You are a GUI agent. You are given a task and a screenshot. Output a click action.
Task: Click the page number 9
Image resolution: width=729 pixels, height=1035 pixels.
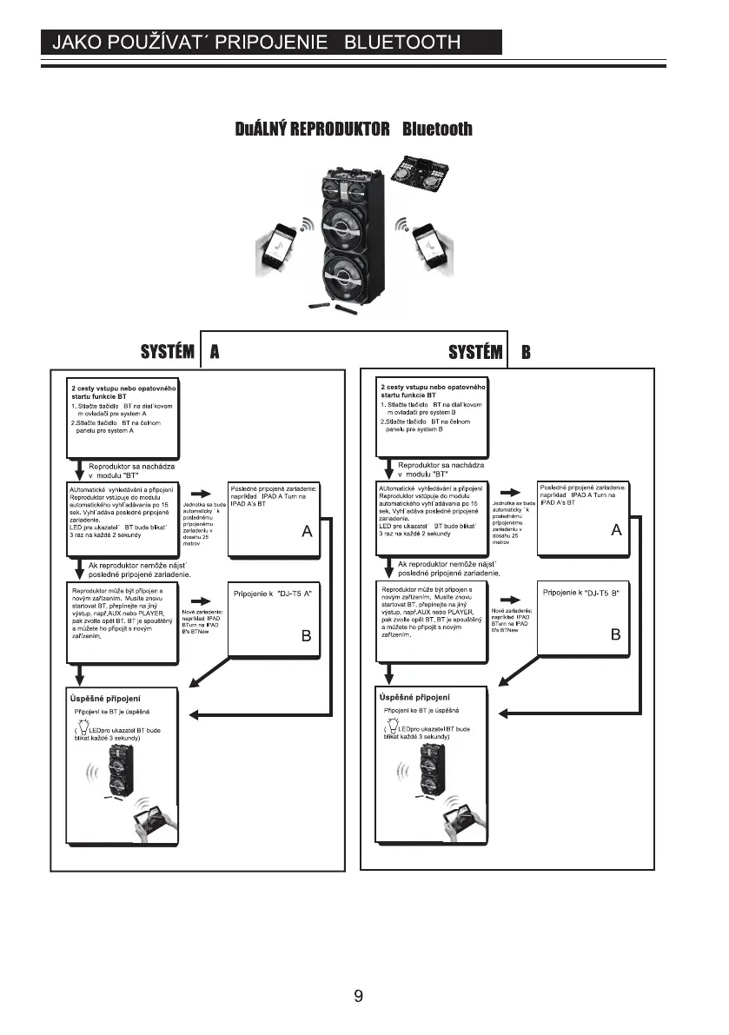point(358,997)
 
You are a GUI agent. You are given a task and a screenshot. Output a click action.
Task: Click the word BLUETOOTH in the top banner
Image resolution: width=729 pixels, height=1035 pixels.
point(402,43)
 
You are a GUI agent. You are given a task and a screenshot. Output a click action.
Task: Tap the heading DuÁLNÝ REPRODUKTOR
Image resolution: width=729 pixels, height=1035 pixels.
point(313,129)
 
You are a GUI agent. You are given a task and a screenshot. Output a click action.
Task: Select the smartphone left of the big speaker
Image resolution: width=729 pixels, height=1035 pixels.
point(282,250)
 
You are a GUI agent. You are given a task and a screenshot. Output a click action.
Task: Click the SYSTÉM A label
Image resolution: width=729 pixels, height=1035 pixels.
point(179,352)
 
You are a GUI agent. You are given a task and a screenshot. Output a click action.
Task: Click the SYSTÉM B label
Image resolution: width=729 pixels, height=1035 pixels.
point(488,352)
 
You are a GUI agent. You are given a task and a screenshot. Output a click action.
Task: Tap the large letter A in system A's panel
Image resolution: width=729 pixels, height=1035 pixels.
point(307,532)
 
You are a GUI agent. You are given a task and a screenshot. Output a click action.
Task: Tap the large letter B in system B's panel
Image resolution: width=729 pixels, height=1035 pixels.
point(615,635)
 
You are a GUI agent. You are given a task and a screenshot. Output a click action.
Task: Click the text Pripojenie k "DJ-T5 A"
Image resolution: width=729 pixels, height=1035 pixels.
point(273,593)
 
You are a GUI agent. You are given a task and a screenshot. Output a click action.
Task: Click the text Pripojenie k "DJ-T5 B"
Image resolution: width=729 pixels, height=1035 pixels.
point(580,593)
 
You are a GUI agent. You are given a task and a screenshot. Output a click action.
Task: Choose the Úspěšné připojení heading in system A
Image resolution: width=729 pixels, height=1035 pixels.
point(106,698)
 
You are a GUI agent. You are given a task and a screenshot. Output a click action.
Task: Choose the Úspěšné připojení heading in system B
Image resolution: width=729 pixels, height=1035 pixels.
point(415,698)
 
